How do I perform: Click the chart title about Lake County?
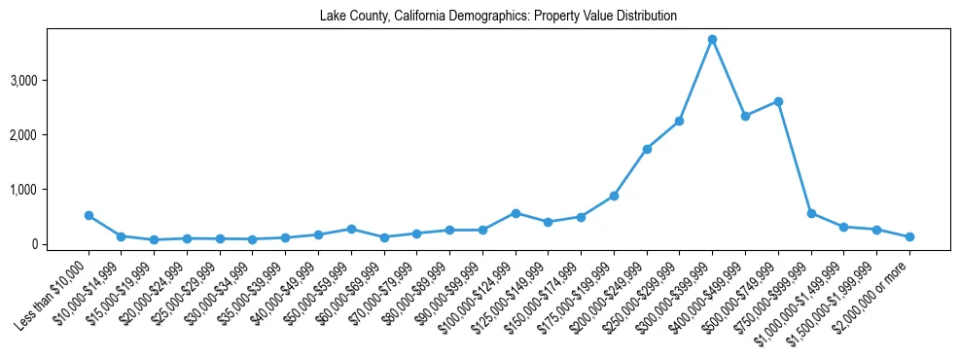[498, 17]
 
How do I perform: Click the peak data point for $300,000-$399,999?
[712, 40]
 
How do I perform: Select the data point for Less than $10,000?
[89, 215]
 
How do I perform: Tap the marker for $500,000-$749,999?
[778, 101]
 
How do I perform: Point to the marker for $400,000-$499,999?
[745, 116]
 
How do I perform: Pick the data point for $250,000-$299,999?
[679, 121]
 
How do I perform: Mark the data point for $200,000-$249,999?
[647, 149]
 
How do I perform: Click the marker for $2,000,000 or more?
[909, 236]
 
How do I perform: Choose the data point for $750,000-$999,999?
[811, 213]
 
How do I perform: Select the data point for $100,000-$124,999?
[516, 213]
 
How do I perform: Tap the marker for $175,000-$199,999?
[614, 196]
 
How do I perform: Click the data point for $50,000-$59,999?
[351, 229]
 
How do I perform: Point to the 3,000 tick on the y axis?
[51, 80]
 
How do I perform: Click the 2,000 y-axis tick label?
[51, 134]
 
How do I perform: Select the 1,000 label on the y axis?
[51, 189]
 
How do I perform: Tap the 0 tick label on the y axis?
[60, 244]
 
